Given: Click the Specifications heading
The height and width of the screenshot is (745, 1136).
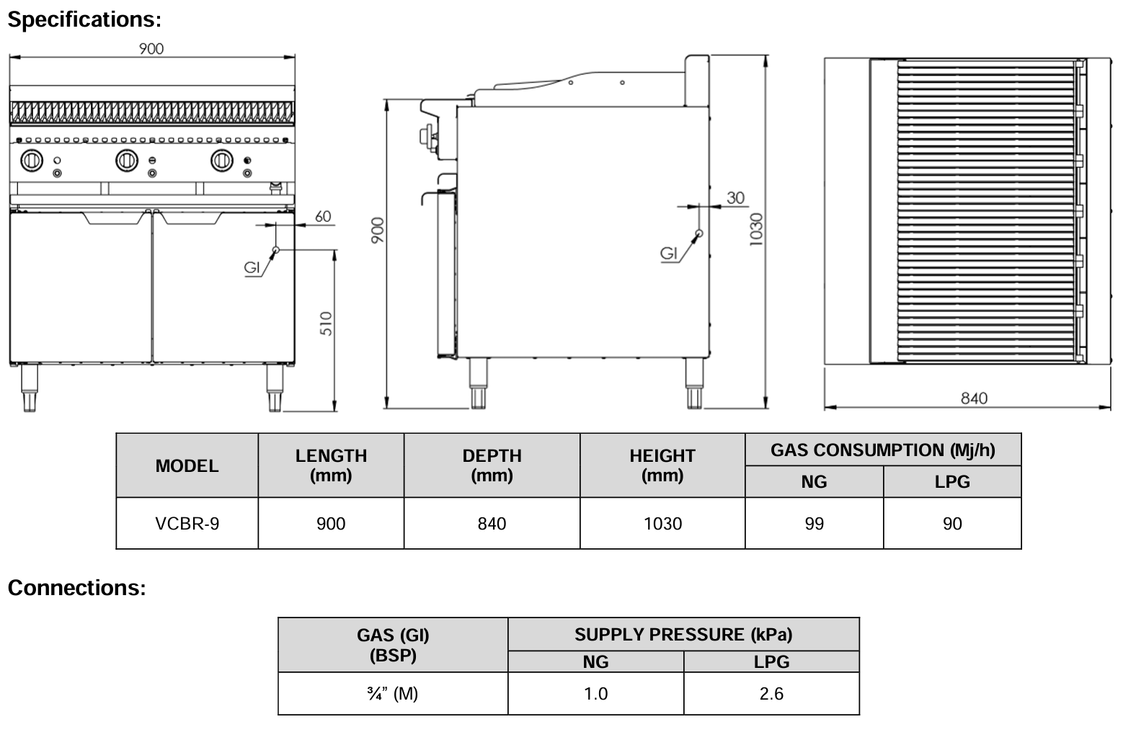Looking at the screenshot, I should pyautogui.click(x=84, y=19).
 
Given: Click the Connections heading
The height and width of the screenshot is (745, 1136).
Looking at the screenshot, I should pyautogui.click(x=76, y=588).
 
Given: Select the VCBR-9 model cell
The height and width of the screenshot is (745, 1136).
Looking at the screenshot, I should pyautogui.click(x=187, y=524).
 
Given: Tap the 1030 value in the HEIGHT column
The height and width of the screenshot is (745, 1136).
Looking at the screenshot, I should pyautogui.click(x=662, y=524).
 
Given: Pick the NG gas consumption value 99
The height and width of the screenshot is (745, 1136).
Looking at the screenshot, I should pyautogui.click(x=814, y=524).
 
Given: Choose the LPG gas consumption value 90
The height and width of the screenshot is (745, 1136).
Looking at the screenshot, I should pyautogui.click(x=952, y=524).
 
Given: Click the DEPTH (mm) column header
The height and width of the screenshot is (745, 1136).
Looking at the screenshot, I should pyautogui.click(x=492, y=465).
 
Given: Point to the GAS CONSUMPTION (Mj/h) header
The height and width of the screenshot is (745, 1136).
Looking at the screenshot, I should pyautogui.click(x=883, y=450).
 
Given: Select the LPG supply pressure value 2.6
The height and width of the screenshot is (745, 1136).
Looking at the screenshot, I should pyautogui.click(x=771, y=694).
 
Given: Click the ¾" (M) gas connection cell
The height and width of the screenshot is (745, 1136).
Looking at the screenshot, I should pyautogui.click(x=393, y=694).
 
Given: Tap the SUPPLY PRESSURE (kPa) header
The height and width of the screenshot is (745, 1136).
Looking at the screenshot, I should pyautogui.click(x=683, y=635).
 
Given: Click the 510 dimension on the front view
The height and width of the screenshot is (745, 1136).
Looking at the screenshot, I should pyautogui.click(x=326, y=324).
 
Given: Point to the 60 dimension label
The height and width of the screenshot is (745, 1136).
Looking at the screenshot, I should pyautogui.click(x=323, y=216).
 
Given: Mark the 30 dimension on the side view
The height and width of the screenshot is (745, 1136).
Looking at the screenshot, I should pyautogui.click(x=735, y=197).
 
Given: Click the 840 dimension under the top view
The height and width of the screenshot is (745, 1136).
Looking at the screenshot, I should pyautogui.click(x=974, y=398).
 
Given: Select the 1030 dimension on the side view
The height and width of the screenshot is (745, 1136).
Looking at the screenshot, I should pyautogui.click(x=755, y=230).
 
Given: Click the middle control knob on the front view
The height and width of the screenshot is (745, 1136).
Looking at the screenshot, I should pyautogui.click(x=127, y=160).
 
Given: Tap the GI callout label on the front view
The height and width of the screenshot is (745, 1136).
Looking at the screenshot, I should pyautogui.click(x=252, y=267).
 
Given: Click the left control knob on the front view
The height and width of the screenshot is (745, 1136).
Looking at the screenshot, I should pyautogui.click(x=32, y=160).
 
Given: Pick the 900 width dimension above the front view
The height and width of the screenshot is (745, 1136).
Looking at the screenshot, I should pyautogui.click(x=151, y=48).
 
